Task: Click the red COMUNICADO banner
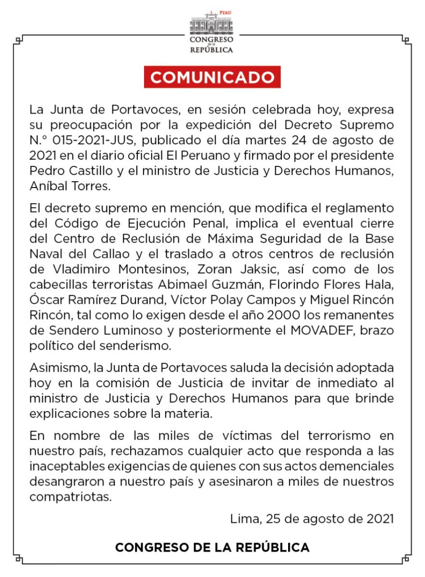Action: click(x=212, y=77)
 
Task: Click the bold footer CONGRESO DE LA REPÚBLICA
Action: click(x=212, y=548)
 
